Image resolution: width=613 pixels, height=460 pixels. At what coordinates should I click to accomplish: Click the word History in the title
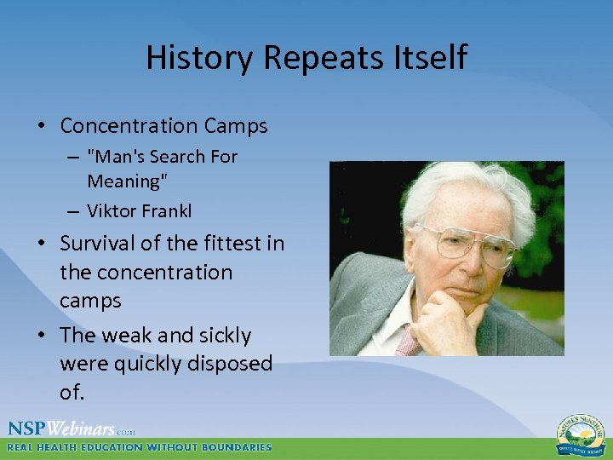(x=200, y=58)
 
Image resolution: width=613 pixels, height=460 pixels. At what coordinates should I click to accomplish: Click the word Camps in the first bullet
(x=236, y=126)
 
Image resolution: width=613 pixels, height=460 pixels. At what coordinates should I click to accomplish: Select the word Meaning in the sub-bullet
(x=123, y=181)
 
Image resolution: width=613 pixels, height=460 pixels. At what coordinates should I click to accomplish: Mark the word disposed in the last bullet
(x=231, y=364)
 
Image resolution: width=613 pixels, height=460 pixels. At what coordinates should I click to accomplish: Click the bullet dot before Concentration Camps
(x=41, y=127)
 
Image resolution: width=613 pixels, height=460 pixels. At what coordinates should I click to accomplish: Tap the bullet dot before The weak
(x=41, y=336)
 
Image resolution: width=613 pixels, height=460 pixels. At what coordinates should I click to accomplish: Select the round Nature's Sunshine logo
(x=581, y=433)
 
